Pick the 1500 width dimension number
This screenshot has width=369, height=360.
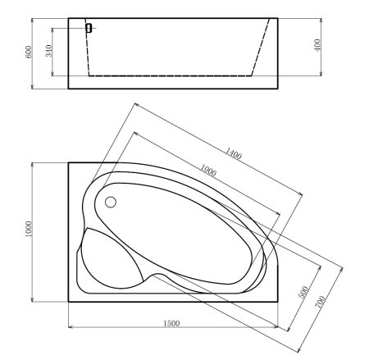172,323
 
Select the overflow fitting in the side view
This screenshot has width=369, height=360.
88,28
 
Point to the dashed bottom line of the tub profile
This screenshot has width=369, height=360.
172,75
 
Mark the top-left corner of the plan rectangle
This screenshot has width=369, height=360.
67,162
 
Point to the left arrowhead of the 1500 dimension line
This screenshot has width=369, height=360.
70,329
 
